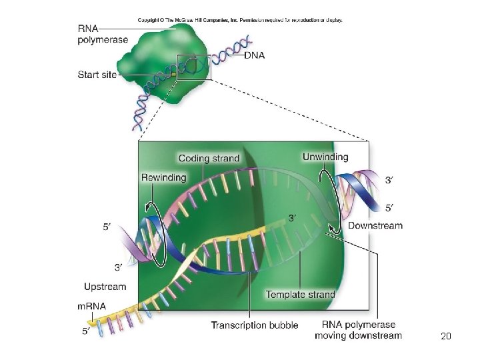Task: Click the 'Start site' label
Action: (97, 75)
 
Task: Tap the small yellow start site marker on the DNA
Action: (173, 75)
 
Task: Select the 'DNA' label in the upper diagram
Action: (254, 55)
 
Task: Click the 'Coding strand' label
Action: (209, 158)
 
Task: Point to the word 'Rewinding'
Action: (163, 177)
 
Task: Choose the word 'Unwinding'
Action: (325, 157)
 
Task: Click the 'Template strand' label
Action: (300, 295)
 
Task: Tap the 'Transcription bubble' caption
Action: (255, 325)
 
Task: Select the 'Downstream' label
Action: (375, 225)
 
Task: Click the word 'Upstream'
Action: (105, 287)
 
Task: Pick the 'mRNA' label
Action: (92, 306)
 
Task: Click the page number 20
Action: (446, 336)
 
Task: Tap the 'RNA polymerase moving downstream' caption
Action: (359, 330)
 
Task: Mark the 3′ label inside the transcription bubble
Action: (293, 217)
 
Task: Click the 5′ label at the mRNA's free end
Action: (86, 331)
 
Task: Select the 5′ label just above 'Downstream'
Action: (389, 208)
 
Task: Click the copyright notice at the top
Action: (240, 20)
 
